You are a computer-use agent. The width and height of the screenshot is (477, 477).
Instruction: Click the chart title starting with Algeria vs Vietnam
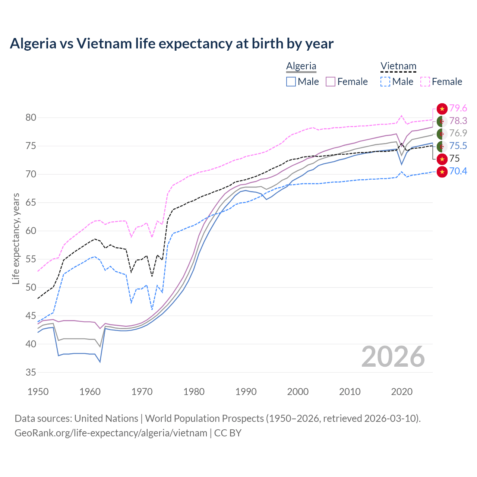tap(171, 44)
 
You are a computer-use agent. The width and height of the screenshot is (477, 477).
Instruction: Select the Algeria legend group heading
tap(301, 66)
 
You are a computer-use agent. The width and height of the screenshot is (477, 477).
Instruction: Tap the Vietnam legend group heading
tap(398, 66)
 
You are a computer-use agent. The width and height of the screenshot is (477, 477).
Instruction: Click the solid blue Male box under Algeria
tap(291, 82)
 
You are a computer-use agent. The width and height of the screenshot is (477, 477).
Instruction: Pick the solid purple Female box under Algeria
tap(331, 82)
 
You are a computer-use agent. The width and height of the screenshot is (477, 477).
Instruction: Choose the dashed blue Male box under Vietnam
tap(385, 82)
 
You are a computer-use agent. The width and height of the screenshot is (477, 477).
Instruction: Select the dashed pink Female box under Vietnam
tap(425, 82)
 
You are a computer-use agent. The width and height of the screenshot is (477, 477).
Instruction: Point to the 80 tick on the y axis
tap(31, 118)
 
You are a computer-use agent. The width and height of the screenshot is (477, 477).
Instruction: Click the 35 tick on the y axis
tap(31, 372)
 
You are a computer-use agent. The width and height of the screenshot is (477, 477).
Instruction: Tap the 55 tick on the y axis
tap(31, 259)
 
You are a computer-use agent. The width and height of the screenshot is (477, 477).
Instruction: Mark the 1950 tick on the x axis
tap(38, 392)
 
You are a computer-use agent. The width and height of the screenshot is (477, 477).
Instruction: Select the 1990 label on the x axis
tap(246, 392)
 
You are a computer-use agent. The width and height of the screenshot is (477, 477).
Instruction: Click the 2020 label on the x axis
tap(402, 392)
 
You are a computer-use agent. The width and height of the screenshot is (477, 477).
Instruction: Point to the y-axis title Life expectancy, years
tap(16, 238)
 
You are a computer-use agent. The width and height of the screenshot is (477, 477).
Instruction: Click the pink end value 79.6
tap(458, 108)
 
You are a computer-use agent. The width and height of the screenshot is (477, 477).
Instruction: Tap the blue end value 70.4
tap(458, 171)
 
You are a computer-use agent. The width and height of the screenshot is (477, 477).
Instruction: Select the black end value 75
tap(455, 159)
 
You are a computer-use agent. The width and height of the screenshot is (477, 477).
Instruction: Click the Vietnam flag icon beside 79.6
tap(442, 109)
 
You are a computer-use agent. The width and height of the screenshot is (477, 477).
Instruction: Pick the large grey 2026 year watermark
tap(393, 357)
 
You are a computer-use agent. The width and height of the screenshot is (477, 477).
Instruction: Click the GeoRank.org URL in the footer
tap(111, 433)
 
